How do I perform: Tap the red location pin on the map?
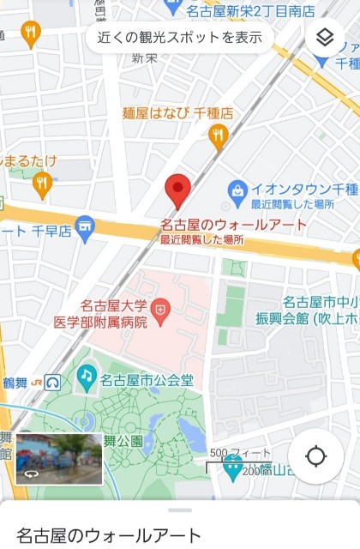(177, 189)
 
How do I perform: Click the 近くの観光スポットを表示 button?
(179, 37)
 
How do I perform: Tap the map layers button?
(324, 38)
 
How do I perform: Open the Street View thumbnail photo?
(59, 458)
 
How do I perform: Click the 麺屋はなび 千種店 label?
(178, 112)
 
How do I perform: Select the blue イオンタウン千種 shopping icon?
(237, 188)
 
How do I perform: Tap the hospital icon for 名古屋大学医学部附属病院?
(159, 306)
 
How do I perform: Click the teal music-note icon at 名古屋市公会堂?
(87, 375)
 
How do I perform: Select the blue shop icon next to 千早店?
(83, 229)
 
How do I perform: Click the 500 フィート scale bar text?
(240, 453)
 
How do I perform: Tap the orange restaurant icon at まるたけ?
(42, 182)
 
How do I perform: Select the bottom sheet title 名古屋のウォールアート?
(109, 534)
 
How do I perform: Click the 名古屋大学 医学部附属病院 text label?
(114, 313)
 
